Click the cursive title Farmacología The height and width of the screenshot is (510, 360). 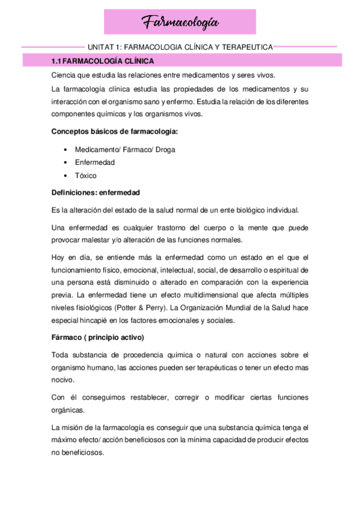click(180, 23)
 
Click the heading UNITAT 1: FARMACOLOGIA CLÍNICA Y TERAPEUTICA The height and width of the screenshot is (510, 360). click(180, 46)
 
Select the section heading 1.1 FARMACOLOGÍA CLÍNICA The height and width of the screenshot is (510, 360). click(103, 61)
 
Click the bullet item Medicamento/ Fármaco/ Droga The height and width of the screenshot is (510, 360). click(125, 149)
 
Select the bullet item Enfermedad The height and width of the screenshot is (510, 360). click(95, 162)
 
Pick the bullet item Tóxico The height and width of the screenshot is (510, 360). click(86, 176)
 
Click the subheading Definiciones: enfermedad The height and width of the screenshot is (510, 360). click(96, 192)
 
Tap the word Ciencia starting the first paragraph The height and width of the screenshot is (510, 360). click(64, 75)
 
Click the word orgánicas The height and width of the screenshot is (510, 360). click(69, 410)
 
